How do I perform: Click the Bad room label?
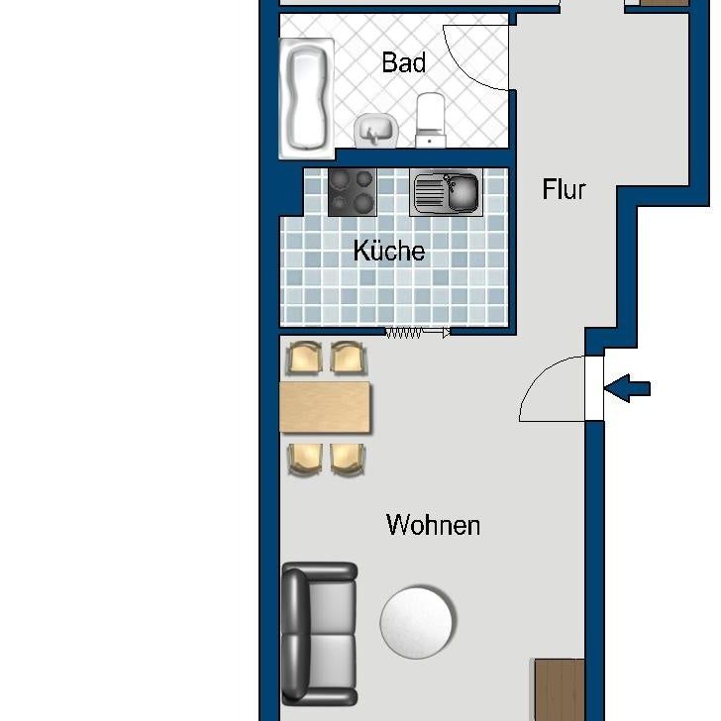point(404,63)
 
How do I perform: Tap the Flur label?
point(565,189)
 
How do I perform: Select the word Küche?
point(389,252)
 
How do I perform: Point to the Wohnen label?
point(433,525)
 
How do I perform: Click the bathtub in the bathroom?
point(306,96)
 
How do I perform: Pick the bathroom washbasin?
point(375,130)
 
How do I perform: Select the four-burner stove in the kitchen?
point(353,192)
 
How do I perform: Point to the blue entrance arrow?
point(627,388)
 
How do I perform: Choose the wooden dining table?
point(325,407)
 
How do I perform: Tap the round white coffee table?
point(417,622)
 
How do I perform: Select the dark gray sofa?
point(319,634)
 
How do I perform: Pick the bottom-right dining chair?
point(347,458)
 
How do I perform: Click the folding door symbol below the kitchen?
point(417,333)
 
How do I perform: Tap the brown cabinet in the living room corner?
point(560,689)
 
